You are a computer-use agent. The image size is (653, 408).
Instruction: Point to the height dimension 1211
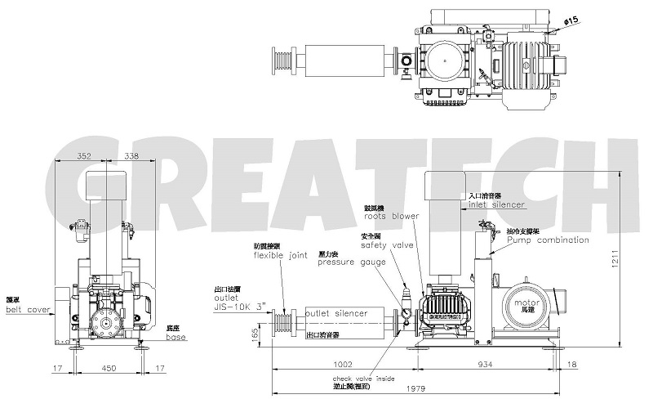pos(623,258)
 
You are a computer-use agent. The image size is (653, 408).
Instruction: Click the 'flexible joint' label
pos(280,254)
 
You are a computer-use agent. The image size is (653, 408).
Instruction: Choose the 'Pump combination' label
pos(548,240)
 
